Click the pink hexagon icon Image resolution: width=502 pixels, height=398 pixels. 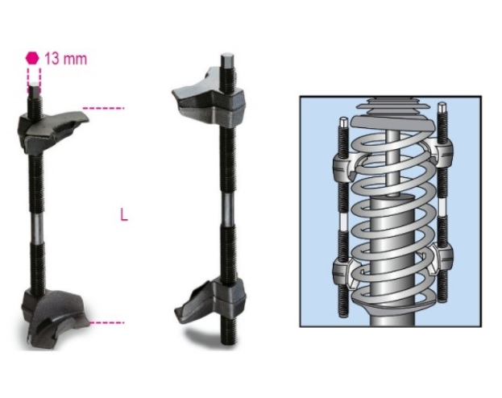click(32, 58)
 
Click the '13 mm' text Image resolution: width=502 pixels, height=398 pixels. click(64, 59)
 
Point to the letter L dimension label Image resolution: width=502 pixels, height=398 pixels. click(123, 215)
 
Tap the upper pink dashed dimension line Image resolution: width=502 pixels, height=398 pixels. click(106, 107)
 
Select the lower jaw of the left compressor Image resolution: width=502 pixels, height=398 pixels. click(52, 317)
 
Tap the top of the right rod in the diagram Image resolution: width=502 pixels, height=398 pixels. click(442, 107)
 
